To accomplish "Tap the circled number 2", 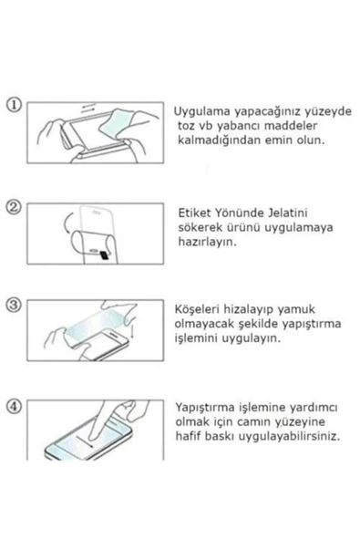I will point(13,206).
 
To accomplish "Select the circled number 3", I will point(13,304).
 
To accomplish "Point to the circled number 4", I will point(13,405).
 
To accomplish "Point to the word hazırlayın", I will point(205,244).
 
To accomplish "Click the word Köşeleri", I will point(199,309).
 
